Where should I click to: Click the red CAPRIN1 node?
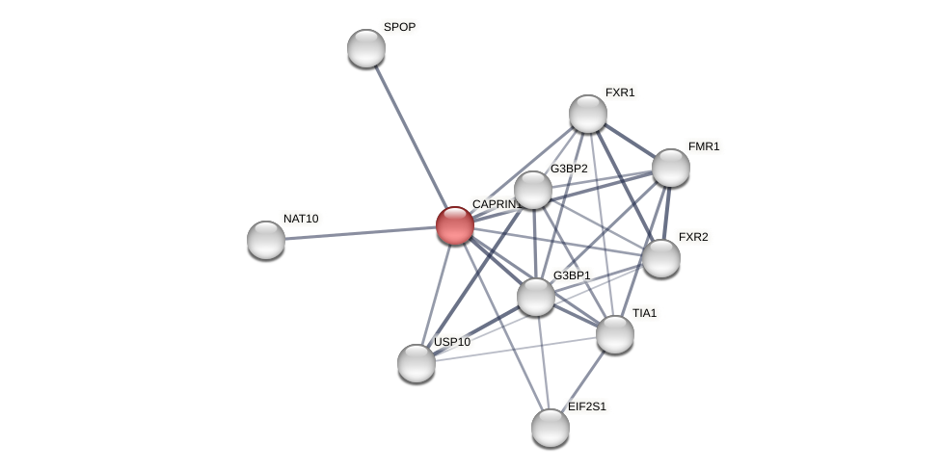coord(455,225)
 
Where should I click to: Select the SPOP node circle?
coord(366,48)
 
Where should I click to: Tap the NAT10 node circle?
coord(266,240)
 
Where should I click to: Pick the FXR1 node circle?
coord(588,114)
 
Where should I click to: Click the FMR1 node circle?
coord(671,168)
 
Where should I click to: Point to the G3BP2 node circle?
coord(533,190)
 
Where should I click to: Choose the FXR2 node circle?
coord(661,257)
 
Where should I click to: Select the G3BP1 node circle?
coord(536,296)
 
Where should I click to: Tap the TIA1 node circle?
coord(615,334)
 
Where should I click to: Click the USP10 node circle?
coord(417,363)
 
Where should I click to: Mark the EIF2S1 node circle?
coord(551,428)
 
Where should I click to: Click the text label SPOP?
coord(399,27)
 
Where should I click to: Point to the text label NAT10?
coord(301,219)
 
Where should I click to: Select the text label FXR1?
coord(620,92)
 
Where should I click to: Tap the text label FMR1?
coord(704,146)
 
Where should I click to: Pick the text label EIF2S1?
coord(587,406)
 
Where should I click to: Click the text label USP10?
coord(452,342)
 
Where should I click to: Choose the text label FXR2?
coord(693,237)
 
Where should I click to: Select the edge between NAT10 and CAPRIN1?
coord(357,233)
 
